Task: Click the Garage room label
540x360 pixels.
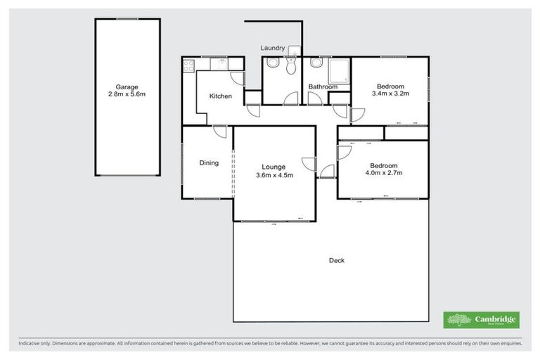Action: tap(127, 86)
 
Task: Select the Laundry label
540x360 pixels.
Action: tap(272, 48)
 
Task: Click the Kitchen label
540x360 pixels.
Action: tap(220, 96)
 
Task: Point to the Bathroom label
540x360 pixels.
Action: tap(323, 87)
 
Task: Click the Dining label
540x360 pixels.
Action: tap(209, 163)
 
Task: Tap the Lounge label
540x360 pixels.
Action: tap(274, 167)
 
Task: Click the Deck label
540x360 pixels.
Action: tap(337, 261)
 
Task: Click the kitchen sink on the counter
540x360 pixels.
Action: tap(219, 64)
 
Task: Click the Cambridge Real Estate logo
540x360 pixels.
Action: tap(482, 320)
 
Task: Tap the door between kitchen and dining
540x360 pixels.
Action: tap(219, 131)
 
